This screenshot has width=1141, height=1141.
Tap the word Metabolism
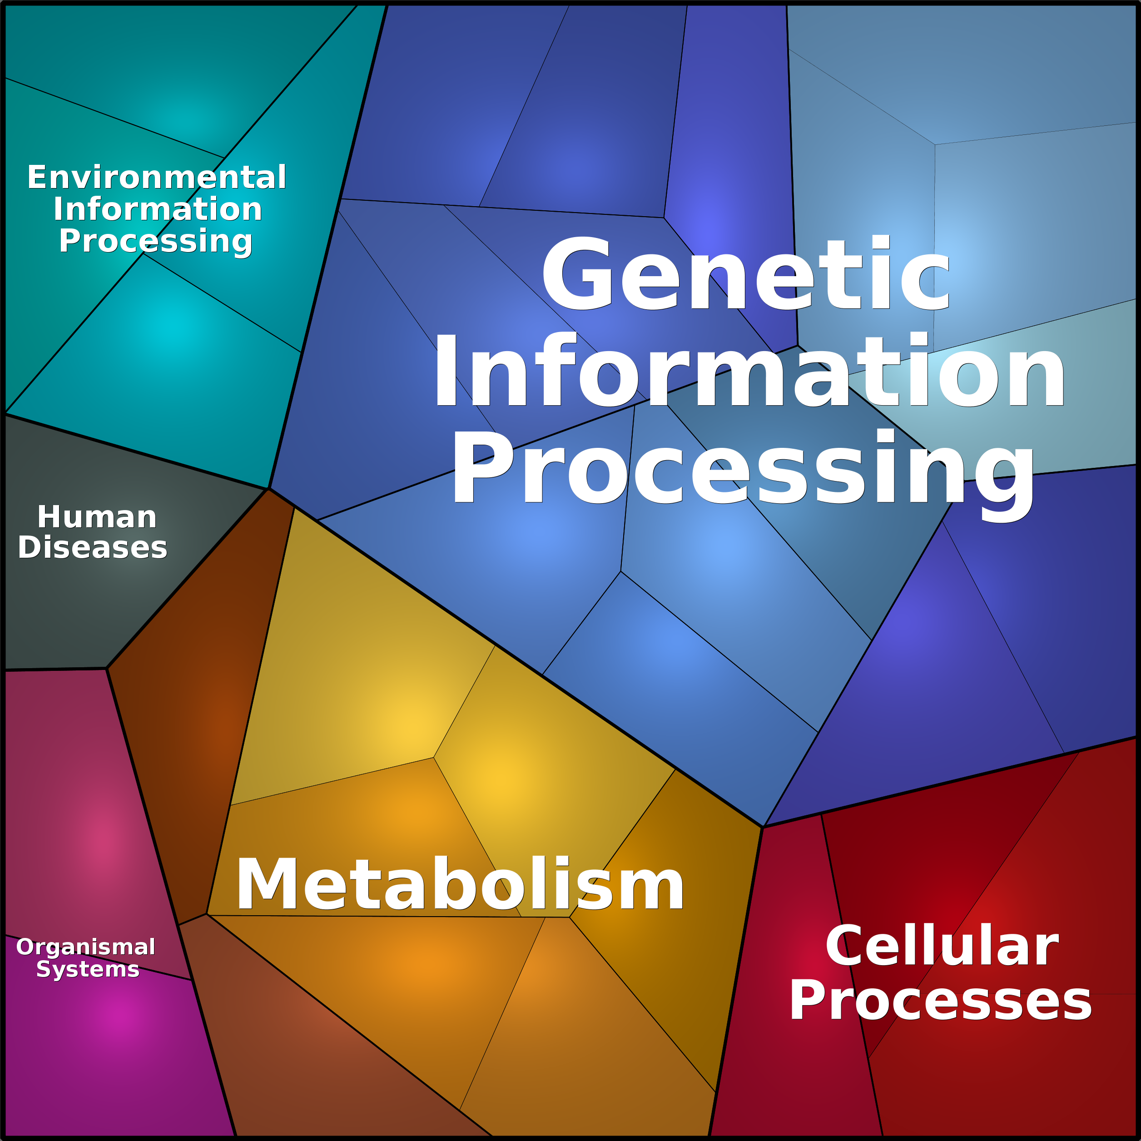point(460,884)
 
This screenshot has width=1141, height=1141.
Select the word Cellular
point(942,946)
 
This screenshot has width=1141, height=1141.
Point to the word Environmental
point(157,177)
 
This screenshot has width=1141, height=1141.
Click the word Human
point(97,517)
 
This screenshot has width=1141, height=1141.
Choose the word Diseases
point(93,547)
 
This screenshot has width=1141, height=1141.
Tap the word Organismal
point(86,947)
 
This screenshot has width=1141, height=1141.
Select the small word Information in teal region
point(158,209)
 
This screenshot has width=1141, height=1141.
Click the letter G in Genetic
point(577,273)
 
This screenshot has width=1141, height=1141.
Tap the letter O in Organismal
point(26,947)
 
